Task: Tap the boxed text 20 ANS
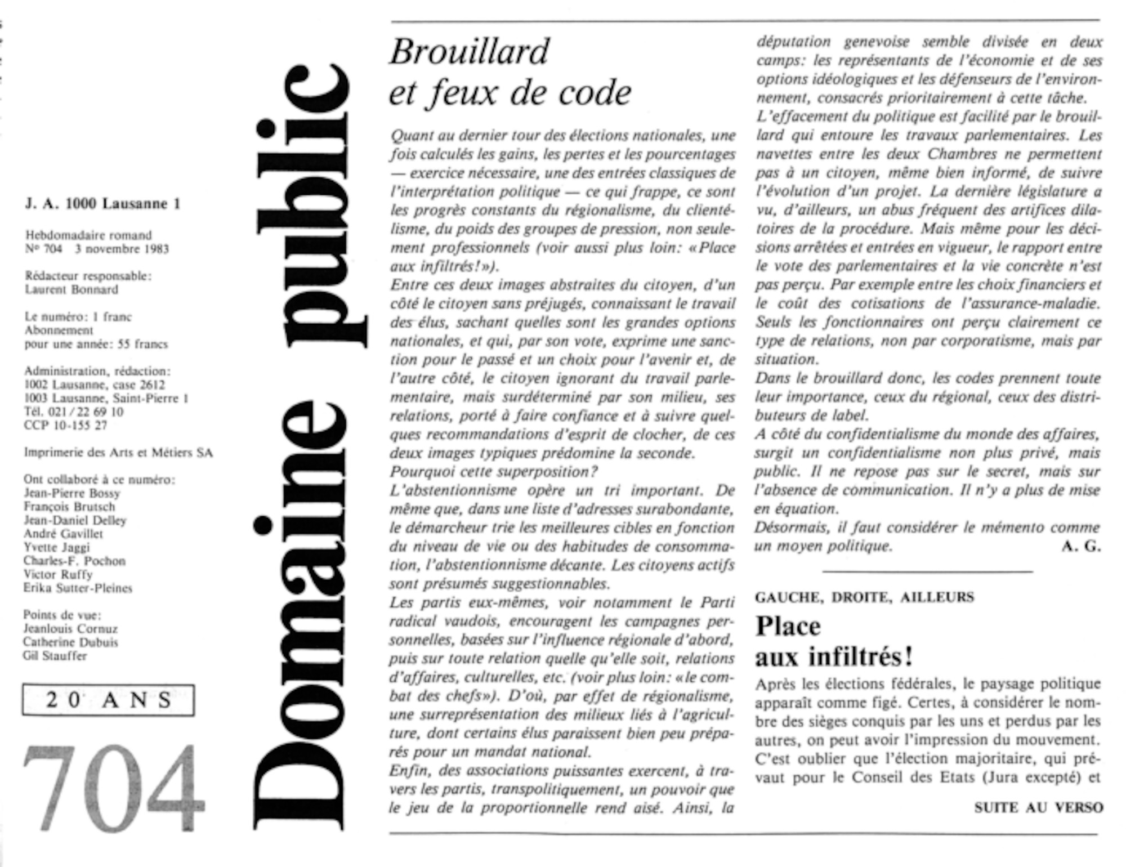[109, 700]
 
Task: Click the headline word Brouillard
[469, 52]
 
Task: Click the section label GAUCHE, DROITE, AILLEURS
[864, 597]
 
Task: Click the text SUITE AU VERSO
[1038, 807]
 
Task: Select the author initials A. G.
[1080, 546]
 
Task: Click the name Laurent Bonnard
[72, 290]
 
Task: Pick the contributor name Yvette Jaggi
[56, 547]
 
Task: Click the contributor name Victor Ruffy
[58, 574]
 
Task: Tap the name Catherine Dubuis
[70, 642]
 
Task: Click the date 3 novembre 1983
[122, 249]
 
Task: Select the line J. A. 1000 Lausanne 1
[102, 204]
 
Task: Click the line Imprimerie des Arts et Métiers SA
[118, 453]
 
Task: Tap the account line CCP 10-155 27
[65, 426]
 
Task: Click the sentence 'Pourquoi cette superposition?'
[494, 471]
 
